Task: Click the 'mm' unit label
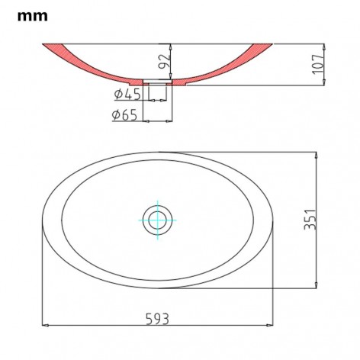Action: tap(32, 17)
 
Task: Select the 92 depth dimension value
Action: tap(164, 62)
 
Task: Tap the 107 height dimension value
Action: tap(318, 64)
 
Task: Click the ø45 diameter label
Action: tap(127, 95)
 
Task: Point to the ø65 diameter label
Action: tap(124, 115)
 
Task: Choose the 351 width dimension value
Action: tap(310, 220)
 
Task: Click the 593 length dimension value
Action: tap(158, 319)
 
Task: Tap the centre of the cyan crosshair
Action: tap(158, 220)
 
